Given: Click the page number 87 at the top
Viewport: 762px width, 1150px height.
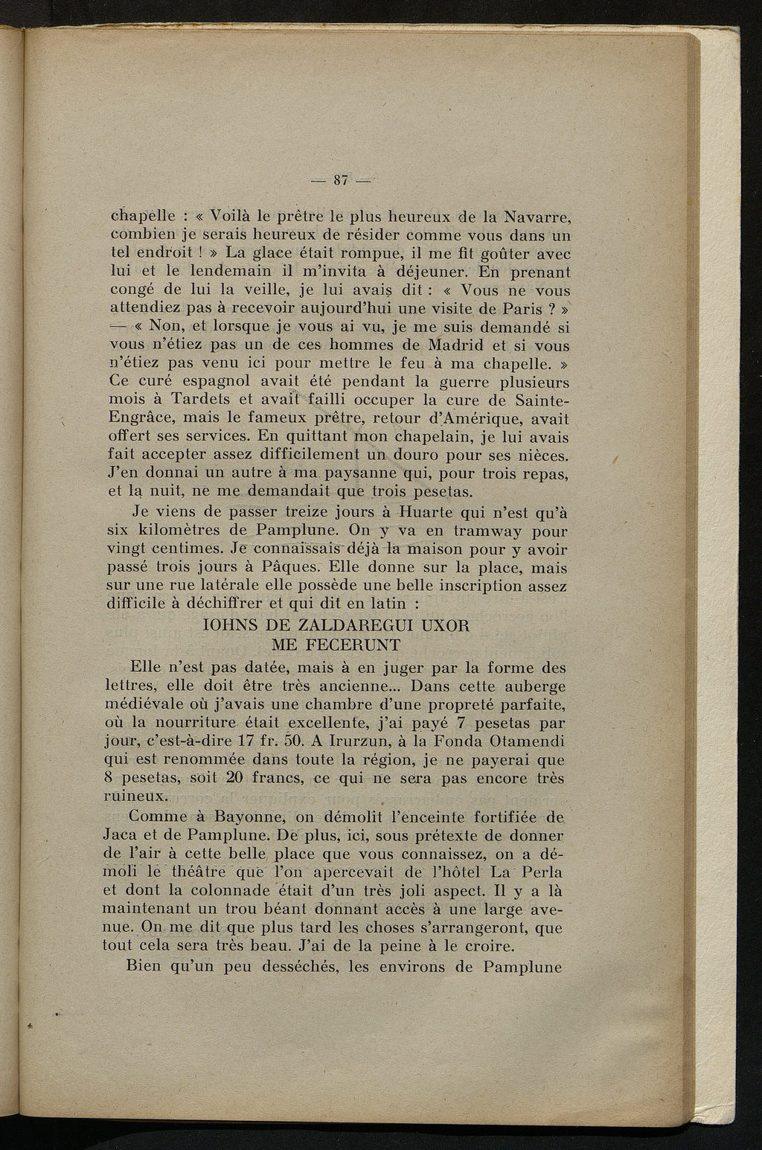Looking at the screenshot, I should point(342,179).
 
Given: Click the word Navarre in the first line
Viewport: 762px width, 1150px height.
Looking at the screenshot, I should point(538,218).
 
